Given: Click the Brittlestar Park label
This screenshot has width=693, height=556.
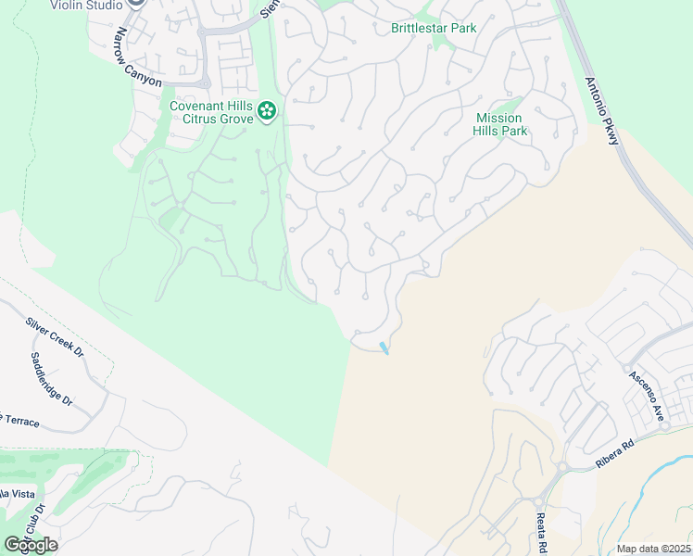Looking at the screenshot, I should [434, 28].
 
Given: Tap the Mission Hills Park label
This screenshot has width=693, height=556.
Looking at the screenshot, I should [500, 124].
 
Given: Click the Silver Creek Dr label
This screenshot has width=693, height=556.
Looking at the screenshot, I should [55, 338].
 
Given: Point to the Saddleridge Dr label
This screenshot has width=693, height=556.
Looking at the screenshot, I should [51, 379].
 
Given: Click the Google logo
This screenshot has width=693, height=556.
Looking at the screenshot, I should [31, 545].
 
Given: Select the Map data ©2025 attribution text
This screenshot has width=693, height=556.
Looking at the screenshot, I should [653, 549].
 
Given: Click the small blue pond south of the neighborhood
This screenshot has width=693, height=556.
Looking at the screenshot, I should [384, 348].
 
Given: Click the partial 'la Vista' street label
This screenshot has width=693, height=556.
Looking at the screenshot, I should [13, 492].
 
